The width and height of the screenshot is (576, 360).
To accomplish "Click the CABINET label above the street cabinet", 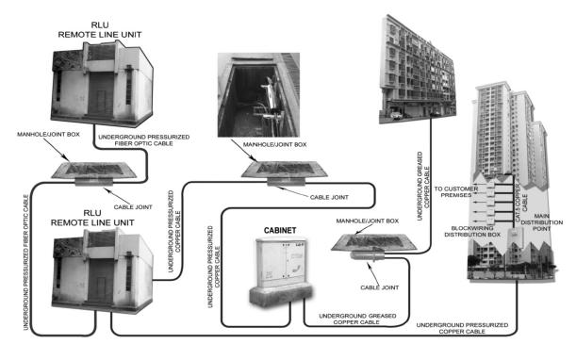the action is coord(280,230).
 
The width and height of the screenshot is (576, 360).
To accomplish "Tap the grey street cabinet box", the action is coord(281,271).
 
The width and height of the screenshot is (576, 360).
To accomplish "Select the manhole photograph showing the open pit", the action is coord(258,95).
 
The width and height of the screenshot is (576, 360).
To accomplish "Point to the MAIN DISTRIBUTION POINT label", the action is coord(541,222).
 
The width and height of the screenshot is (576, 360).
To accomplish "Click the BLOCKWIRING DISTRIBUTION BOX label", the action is coord(472,231).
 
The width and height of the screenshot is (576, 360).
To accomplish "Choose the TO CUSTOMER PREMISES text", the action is coord(456,191).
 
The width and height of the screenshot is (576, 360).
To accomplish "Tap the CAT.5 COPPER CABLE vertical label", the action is coord(521,202).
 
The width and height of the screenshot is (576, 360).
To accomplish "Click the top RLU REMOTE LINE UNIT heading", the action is coord(100,30).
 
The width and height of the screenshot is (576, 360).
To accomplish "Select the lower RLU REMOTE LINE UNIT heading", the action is coord(92,218).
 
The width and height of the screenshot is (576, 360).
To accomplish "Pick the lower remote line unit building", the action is coord(102,271).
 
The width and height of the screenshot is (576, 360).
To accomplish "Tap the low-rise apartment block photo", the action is coord(418,70).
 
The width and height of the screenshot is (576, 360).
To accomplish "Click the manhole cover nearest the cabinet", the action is coord(374,243).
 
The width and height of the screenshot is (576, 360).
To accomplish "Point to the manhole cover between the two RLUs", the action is coord(93,170).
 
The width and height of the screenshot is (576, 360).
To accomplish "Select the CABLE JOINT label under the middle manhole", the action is coord(329,197).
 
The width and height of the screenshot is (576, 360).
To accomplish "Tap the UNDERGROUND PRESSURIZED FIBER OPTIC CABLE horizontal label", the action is coord(144,140).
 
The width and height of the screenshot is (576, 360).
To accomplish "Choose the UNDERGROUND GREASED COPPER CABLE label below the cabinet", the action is coord(357,319).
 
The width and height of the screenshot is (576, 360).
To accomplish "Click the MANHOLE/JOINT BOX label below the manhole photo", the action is coord(274,145).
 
